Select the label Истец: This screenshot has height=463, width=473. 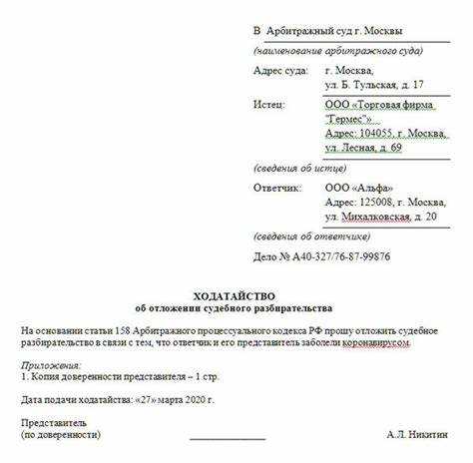(x=269, y=103)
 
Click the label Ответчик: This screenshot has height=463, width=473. (x=276, y=187)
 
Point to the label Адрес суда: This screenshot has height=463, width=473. (x=282, y=71)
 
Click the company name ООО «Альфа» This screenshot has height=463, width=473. (x=359, y=187)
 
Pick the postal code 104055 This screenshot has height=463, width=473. (x=383, y=133)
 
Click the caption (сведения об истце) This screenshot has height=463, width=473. (x=296, y=167)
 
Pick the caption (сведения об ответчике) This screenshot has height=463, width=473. (x=310, y=236)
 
